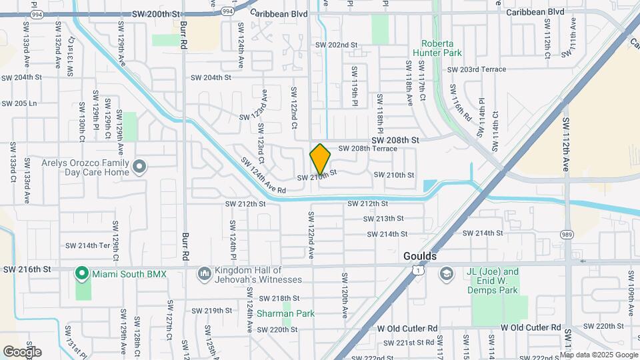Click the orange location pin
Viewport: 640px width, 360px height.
point(321,159)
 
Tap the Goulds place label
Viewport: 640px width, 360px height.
point(420,256)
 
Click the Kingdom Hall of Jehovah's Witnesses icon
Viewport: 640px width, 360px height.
point(204,273)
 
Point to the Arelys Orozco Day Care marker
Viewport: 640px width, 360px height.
point(139,166)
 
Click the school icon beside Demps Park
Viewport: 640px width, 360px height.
point(445,273)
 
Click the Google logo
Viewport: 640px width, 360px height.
point(22,352)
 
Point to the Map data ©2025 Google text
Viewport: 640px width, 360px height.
point(598,355)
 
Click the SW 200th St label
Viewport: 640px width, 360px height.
point(156,13)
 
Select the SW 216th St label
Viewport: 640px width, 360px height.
point(27,269)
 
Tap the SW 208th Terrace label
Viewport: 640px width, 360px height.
point(367,149)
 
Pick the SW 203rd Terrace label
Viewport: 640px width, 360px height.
point(477,69)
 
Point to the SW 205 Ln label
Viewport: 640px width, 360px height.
point(19,103)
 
